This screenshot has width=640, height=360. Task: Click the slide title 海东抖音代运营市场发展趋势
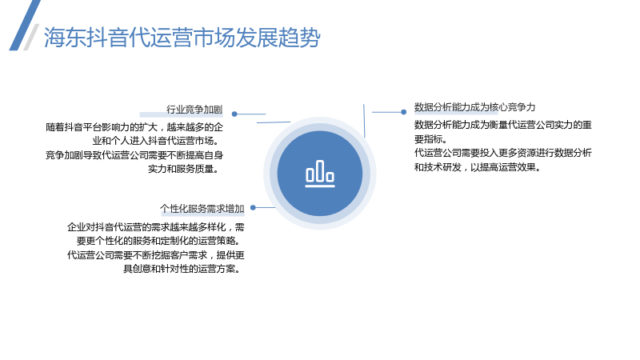click(x=182, y=38)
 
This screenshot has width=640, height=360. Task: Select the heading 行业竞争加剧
click(x=194, y=110)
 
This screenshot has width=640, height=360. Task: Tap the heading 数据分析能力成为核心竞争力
click(x=474, y=107)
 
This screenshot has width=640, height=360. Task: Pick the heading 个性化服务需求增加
click(x=202, y=209)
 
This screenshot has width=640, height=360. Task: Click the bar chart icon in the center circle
click(x=320, y=174)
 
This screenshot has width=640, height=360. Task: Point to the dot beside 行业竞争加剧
click(x=234, y=114)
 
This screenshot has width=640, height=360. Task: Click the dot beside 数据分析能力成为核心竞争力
click(x=404, y=112)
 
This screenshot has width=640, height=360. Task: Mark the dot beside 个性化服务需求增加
click(x=253, y=207)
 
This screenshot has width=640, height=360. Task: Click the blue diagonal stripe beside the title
click(x=25, y=26)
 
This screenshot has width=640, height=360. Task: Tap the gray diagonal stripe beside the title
click(x=31, y=37)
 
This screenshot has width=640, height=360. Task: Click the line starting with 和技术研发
click(x=478, y=167)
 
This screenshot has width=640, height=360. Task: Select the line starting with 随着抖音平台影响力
click(x=134, y=127)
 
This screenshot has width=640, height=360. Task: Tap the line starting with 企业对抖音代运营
click(x=156, y=227)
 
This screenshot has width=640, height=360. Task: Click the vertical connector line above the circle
click(x=364, y=121)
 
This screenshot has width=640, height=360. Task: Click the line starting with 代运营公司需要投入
click(x=503, y=153)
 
